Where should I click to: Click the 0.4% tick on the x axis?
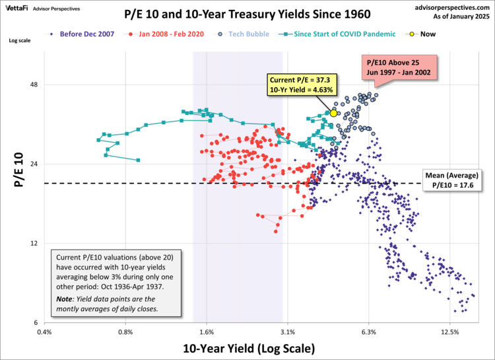(x=44, y=332)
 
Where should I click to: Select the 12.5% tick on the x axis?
(x=449, y=332)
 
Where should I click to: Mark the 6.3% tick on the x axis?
(x=368, y=332)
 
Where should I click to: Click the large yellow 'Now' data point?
(x=333, y=114)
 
